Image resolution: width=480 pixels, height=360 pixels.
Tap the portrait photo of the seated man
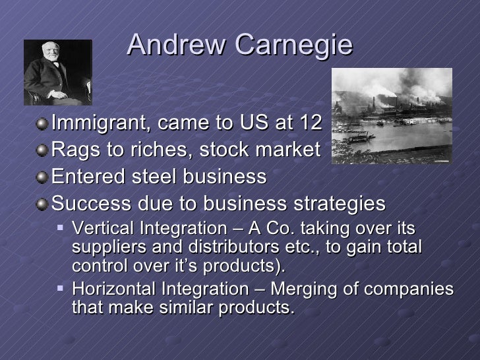click(57, 73)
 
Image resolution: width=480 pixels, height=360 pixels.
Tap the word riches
click(151, 150)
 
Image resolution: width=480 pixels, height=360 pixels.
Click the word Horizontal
click(111, 290)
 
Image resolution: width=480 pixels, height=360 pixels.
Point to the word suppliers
click(103, 248)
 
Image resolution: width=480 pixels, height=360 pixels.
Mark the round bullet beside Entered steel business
click(43, 177)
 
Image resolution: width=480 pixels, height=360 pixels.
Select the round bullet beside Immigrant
click(43, 123)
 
